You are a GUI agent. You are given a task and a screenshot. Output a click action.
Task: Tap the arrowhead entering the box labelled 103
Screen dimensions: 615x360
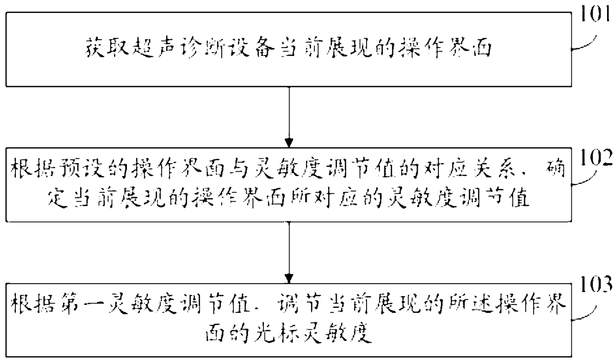tap(289, 279)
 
